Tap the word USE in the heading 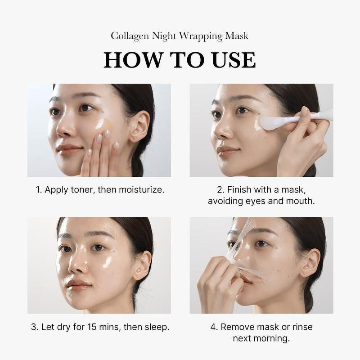(x=232, y=60)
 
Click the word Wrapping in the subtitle (x=202, y=36)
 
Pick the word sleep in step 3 (x=156, y=327)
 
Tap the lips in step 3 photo (x=77, y=284)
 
